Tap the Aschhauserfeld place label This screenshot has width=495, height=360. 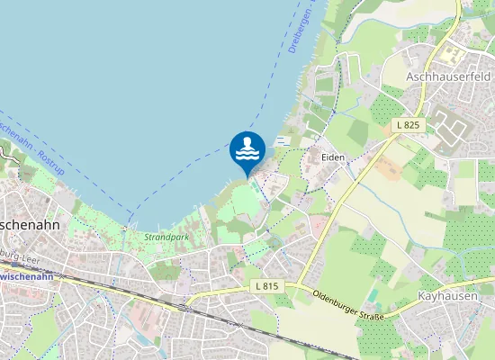[x=448, y=77]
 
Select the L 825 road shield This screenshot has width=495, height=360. [x=409, y=125]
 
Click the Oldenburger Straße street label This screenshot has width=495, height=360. [x=348, y=304]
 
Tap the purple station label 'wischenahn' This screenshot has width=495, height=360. [x=26, y=276]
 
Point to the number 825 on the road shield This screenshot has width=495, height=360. [x=412, y=125]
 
